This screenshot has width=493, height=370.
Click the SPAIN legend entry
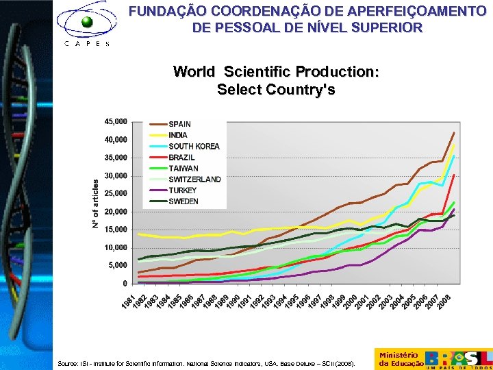[x=179, y=124]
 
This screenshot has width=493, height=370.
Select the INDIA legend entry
[x=178, y=135]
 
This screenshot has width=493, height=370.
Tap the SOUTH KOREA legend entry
[x=194, y=146]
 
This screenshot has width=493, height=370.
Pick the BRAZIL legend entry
[x=181, y=157]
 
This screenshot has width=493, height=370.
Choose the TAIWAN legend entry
[x=183, y=168]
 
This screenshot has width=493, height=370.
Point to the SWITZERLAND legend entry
[x=194, y=179]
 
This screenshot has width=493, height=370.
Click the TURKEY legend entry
[x=182, y=190]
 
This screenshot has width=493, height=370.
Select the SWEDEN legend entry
[x=183, y=201]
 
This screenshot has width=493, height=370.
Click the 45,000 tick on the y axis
[x=115, y=121]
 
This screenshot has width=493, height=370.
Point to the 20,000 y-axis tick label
[x=115, y=212]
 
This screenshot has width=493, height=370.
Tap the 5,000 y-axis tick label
[x=117, y=265]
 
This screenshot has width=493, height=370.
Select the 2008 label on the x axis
[x=445, y=299]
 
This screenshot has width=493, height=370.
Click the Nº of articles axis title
[x=96, y=203]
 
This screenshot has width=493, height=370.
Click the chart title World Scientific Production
[x=276, y=72]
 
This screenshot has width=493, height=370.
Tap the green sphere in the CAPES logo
[x=87, y=22]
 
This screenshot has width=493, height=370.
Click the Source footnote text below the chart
[x=206, y=364]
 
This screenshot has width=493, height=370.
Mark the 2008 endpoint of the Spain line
[x=454, y=132]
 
